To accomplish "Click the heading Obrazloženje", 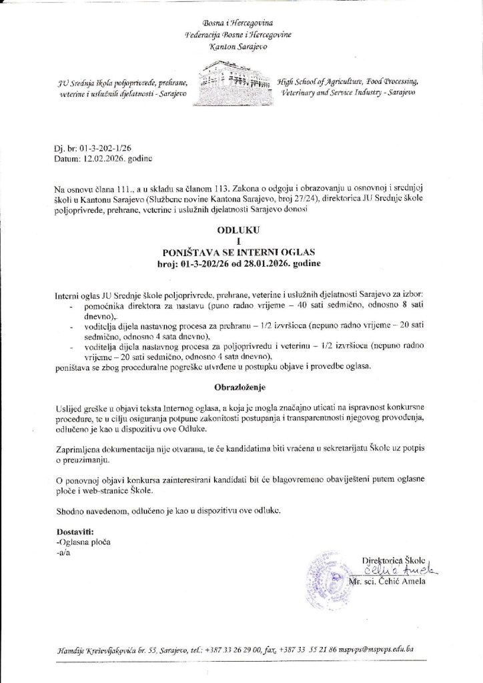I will pos(241,386).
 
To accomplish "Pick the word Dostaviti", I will pos(75,532).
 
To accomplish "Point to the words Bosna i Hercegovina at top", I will pos(241,22).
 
